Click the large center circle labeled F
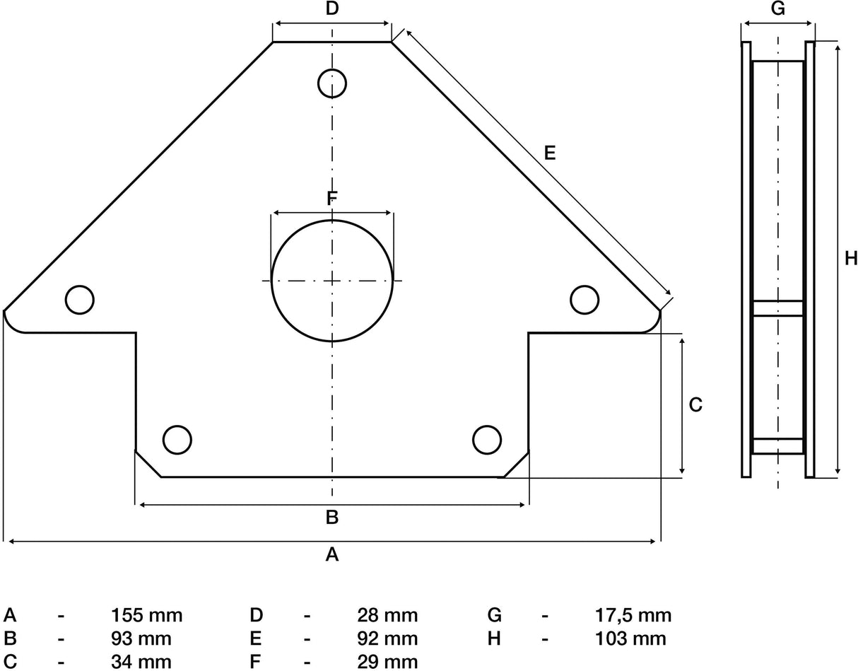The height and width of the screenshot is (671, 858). [332, 281]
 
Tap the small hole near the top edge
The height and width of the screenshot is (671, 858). [332, 83]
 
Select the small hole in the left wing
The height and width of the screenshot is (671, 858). [79, 300]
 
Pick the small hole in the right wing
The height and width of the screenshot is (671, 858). [584, 300]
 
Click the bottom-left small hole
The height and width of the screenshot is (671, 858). [177, 439]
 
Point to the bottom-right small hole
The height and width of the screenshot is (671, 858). [487, 439]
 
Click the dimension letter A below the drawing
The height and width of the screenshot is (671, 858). [332, 555]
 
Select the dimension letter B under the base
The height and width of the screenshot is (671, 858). [332, 518]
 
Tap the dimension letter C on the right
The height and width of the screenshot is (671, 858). [695, 404]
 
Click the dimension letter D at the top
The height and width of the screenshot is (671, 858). [332, 9]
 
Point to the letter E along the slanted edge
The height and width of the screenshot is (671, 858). [550, 152]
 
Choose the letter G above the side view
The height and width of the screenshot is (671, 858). [777, 9]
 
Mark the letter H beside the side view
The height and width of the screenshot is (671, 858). [851, 258]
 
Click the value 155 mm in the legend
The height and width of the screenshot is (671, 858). [147, 615]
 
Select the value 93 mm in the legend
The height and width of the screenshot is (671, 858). [141, 638]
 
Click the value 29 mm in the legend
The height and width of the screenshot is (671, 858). [388, 662]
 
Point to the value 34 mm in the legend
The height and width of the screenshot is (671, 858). [141, 662]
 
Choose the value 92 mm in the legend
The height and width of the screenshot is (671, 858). [388, 638]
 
